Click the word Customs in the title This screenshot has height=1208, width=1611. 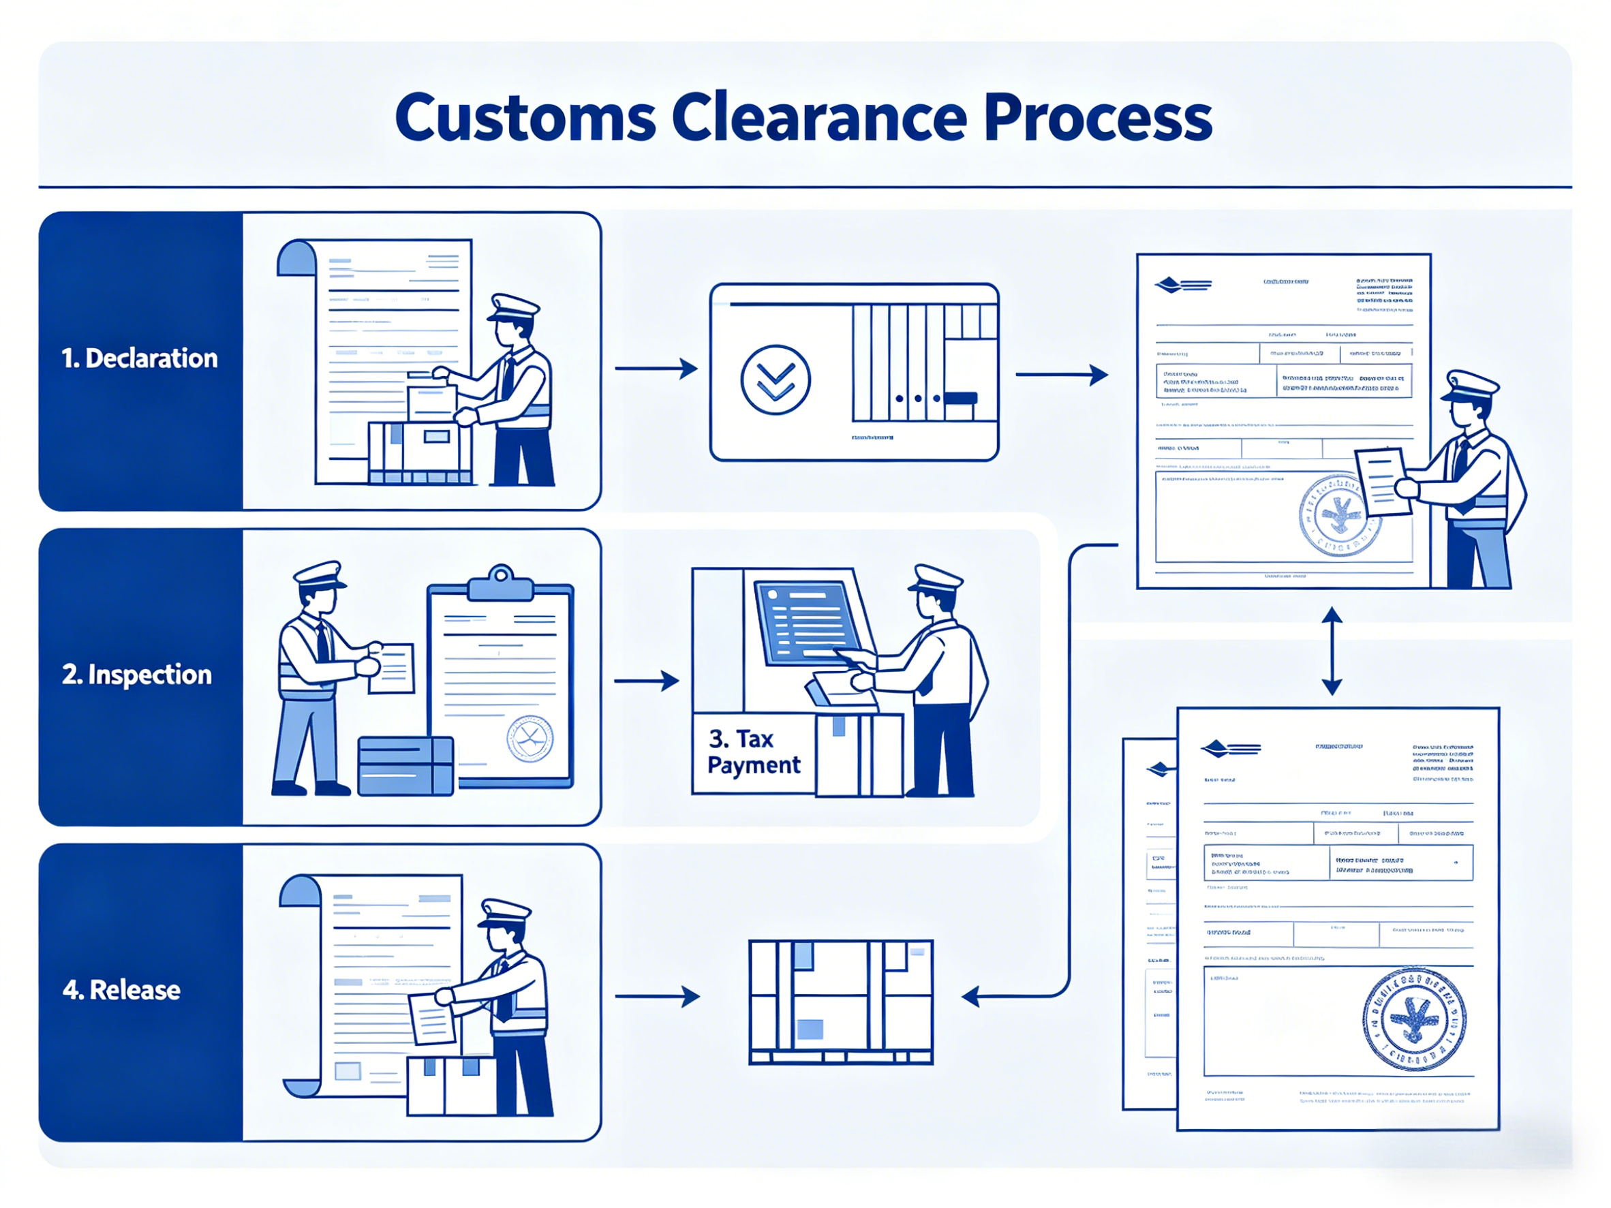[525, 118]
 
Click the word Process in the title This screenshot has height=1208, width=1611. [1098, 118]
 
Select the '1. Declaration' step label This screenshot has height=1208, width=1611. [139, 359]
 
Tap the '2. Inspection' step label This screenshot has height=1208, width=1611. [137, 675]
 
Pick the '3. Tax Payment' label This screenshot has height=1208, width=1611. [753, 752]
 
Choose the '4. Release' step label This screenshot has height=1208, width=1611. [121, 990]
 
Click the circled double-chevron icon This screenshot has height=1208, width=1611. [775, 380]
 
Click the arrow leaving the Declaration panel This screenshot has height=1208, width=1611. [656, 369]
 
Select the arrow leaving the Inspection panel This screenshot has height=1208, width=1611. [646, 681]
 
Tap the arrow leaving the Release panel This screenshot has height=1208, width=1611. [657, 996]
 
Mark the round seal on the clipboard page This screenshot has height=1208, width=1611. [530, 739]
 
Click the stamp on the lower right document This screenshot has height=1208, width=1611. [1413, 1020]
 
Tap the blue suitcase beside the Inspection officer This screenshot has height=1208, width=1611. [405, 766]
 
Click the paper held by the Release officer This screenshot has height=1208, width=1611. [432, 1018]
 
